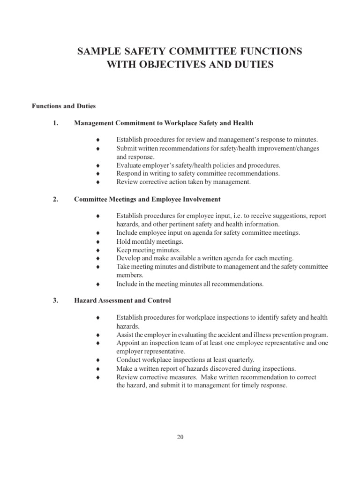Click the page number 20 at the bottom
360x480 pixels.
pos(180,437)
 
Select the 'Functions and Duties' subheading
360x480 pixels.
pos(64,106)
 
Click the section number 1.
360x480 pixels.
pos(55,123)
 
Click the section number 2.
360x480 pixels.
pos(55,199)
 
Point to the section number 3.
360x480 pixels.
pos(55,300)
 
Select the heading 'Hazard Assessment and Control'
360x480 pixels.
pos(123,300)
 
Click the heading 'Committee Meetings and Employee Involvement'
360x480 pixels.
pos(147,199)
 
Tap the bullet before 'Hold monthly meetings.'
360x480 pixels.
pos(98,241)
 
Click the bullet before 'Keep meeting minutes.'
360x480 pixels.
pos(98,250)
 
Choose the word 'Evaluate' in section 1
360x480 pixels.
pos(128,165)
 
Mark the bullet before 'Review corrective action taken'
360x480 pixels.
pos(98,182)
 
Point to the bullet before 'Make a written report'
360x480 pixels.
pos(98,368)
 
